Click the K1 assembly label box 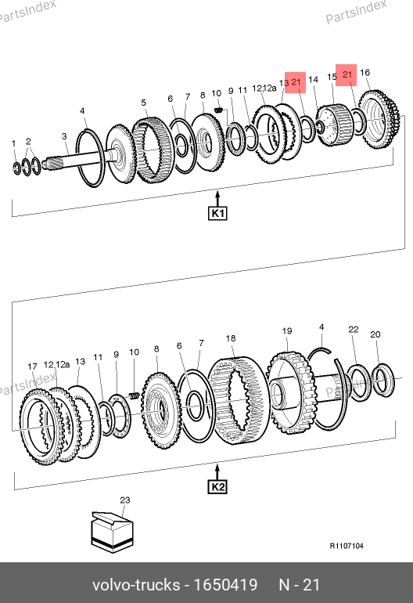(217, 213)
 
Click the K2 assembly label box (217, 487)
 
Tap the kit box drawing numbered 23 (112, 533)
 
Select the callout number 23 (125, 500)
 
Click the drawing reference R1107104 (347, 546)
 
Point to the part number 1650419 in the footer (225, 585)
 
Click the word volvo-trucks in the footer (136, 585)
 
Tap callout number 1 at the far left (14, 143)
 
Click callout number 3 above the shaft (64, 136)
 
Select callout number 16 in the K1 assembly (365, 72)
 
